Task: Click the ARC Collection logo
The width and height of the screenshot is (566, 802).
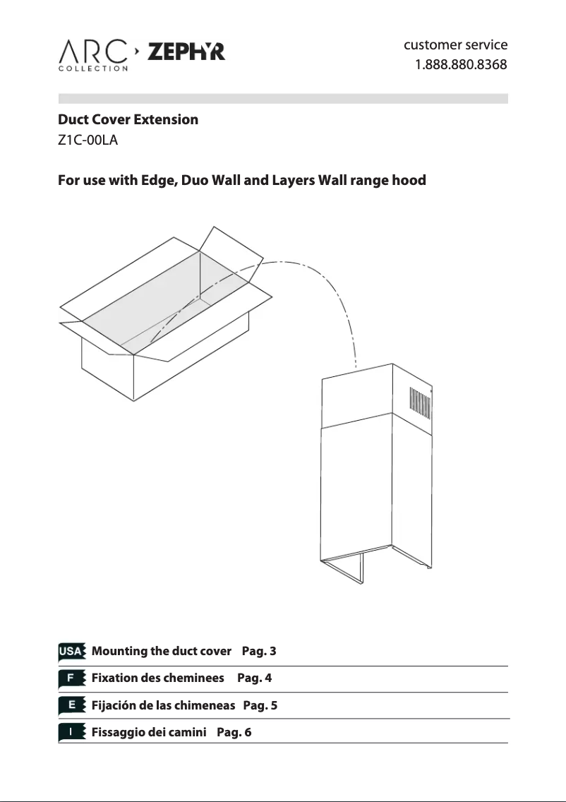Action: tap(93, 55)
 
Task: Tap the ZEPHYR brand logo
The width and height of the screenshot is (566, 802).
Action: tap(186, 52)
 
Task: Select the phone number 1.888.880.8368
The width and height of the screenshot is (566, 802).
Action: tap(460, 66)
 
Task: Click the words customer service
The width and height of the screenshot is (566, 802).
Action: tap(455, 45)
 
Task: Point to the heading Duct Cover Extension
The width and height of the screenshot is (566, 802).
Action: tap(128, 119)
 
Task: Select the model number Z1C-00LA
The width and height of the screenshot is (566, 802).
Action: tap(87, 140)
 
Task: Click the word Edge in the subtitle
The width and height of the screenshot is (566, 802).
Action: tap(159, 180)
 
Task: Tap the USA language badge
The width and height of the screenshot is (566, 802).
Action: tap(71, 651)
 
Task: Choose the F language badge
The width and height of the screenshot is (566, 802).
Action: tap(71, 678)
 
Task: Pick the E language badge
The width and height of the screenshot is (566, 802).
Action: tap(71, 705)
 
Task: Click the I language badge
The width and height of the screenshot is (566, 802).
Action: tap(71, 732)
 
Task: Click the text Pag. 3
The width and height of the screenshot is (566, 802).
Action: tap(258, 651)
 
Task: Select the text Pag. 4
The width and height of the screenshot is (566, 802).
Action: tap(254, 678)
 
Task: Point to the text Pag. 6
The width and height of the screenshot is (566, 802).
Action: tap(234, 732)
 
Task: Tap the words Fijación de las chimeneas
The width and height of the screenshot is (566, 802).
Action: tap(163, 705)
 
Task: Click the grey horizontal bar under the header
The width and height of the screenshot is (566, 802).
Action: tap(282, 99)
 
